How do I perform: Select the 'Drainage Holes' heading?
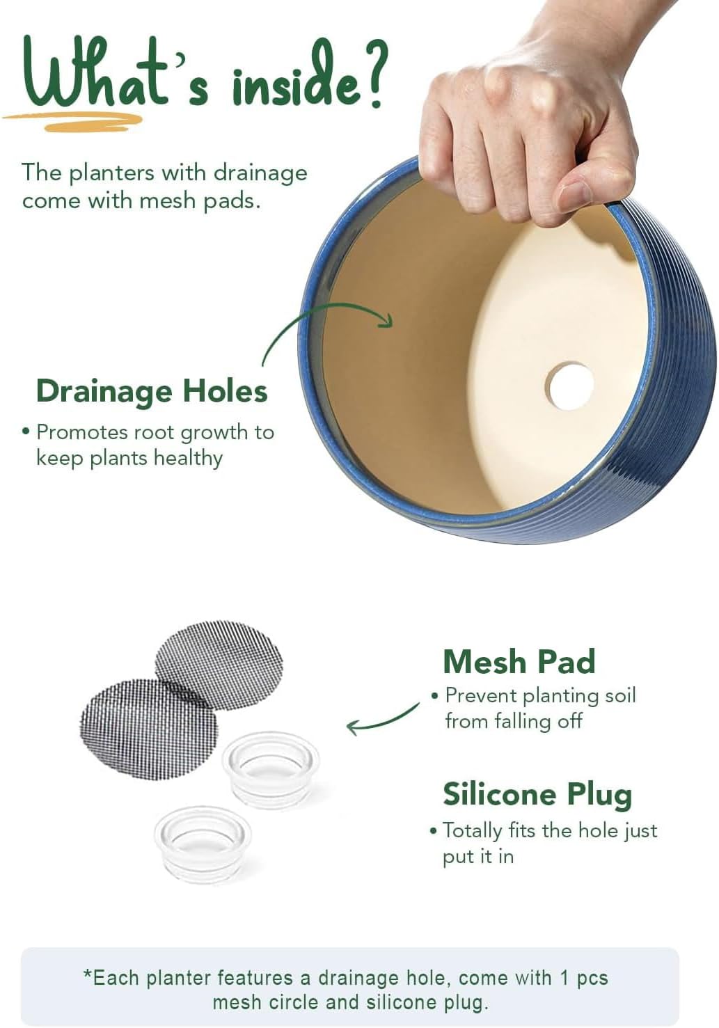(152, 391)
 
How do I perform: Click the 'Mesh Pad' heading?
(519, 662)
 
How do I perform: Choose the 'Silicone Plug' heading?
(537, 795)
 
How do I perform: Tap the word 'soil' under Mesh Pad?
(620, 695)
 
